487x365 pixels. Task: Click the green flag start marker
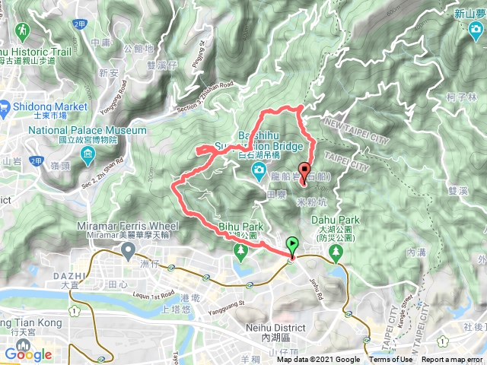[x=293, y=245]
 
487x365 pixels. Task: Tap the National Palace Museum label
[x=87, y=131]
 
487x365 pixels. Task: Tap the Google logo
[x=27, y=354]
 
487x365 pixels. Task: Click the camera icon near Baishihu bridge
[x=259, y=168]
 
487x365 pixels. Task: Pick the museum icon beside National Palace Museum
[x=89, y=157]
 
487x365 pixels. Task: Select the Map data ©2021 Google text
[x=318, y=360]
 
